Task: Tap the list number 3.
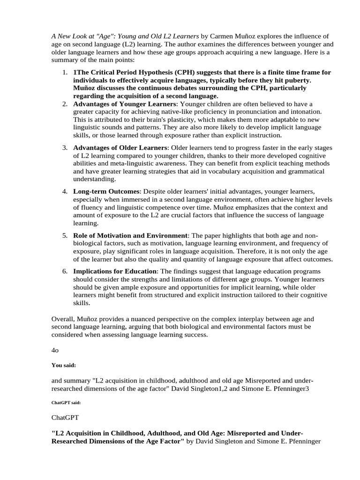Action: [x=65, y=148]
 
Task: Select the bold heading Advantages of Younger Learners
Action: [x=124, y=104]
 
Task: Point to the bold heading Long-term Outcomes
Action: [x=106, y=191]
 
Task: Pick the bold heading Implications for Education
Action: [x=115, y=271]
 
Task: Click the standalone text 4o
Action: [x=55, y=350]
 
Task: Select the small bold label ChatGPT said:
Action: [x=66, y=402]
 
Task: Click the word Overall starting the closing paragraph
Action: [x=63, y=318]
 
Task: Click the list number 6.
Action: [x=65, y=271]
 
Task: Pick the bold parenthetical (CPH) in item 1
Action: [x=162, y=72]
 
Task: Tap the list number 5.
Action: [x=65, y=235]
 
